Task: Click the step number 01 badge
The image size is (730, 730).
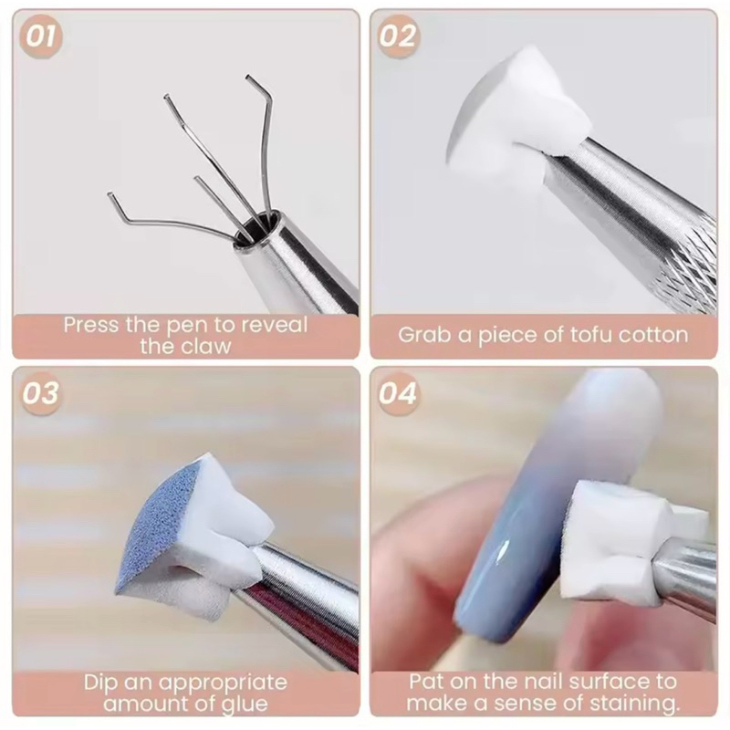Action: click(40, 36)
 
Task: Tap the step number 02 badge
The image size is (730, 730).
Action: click(398, 36)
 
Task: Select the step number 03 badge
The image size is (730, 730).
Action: click(40, 394)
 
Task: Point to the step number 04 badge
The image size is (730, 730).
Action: click(398, 394)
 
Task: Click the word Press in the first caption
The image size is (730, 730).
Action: click(90, 325)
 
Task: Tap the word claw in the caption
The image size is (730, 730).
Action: click(206, 346)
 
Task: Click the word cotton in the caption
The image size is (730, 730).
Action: click(653, 335)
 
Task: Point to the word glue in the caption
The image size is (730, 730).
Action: click(244, 704)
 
